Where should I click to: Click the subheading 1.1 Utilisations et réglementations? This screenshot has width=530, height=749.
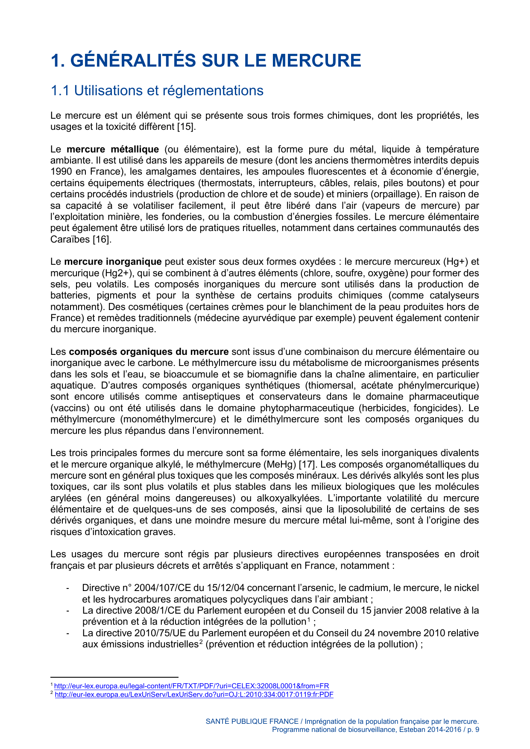click(157, 91)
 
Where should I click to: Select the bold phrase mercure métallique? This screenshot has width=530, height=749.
click(113, 149)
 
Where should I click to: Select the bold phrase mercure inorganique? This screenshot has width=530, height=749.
click(113, 262)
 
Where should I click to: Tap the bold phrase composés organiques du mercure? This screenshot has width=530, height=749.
click(149, 352)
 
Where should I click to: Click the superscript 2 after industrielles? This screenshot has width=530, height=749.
click(201, 642)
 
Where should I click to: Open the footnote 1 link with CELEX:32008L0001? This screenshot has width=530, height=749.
click(191, 686)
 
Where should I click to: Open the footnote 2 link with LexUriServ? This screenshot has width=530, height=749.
click(194, 695)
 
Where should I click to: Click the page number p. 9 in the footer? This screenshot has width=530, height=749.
click(473, 730)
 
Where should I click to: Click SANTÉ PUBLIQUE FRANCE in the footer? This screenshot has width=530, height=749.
click(252, 721)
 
